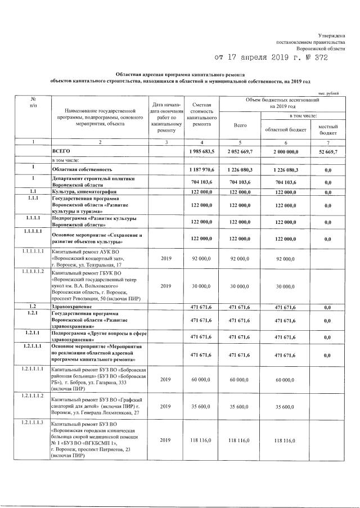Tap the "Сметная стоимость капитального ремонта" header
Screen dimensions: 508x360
(x=201, y=115)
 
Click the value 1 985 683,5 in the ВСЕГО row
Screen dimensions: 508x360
(x=201, y=152)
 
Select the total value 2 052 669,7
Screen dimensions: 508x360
(x=240, y=152)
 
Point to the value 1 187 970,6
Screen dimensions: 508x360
(x=201, y=169)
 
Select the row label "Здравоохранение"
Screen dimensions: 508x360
(x=72, y=305)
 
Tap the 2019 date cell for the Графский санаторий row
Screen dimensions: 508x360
(x=165, y=406)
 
